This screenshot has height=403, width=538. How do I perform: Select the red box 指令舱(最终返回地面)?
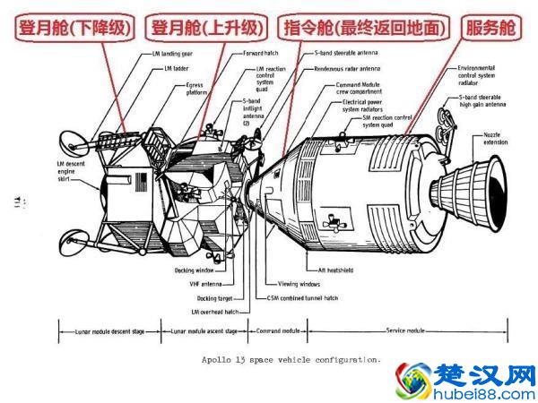click(x=363, y=27)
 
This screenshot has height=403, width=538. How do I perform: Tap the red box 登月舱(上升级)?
click(x=207, y=27)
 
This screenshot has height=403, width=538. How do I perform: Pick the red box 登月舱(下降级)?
click(x=71, y=27)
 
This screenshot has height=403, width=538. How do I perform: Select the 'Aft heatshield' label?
click(x=334, y=270)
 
